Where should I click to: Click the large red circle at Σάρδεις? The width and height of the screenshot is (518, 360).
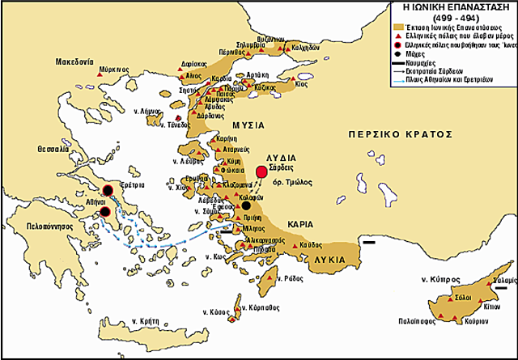pos(261,172)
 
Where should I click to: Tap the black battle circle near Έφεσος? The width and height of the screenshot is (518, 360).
pos(246,207)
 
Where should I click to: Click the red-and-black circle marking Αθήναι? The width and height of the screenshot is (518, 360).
pos(105,213)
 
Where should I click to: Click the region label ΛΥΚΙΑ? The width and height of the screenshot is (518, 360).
pos(330,260)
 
